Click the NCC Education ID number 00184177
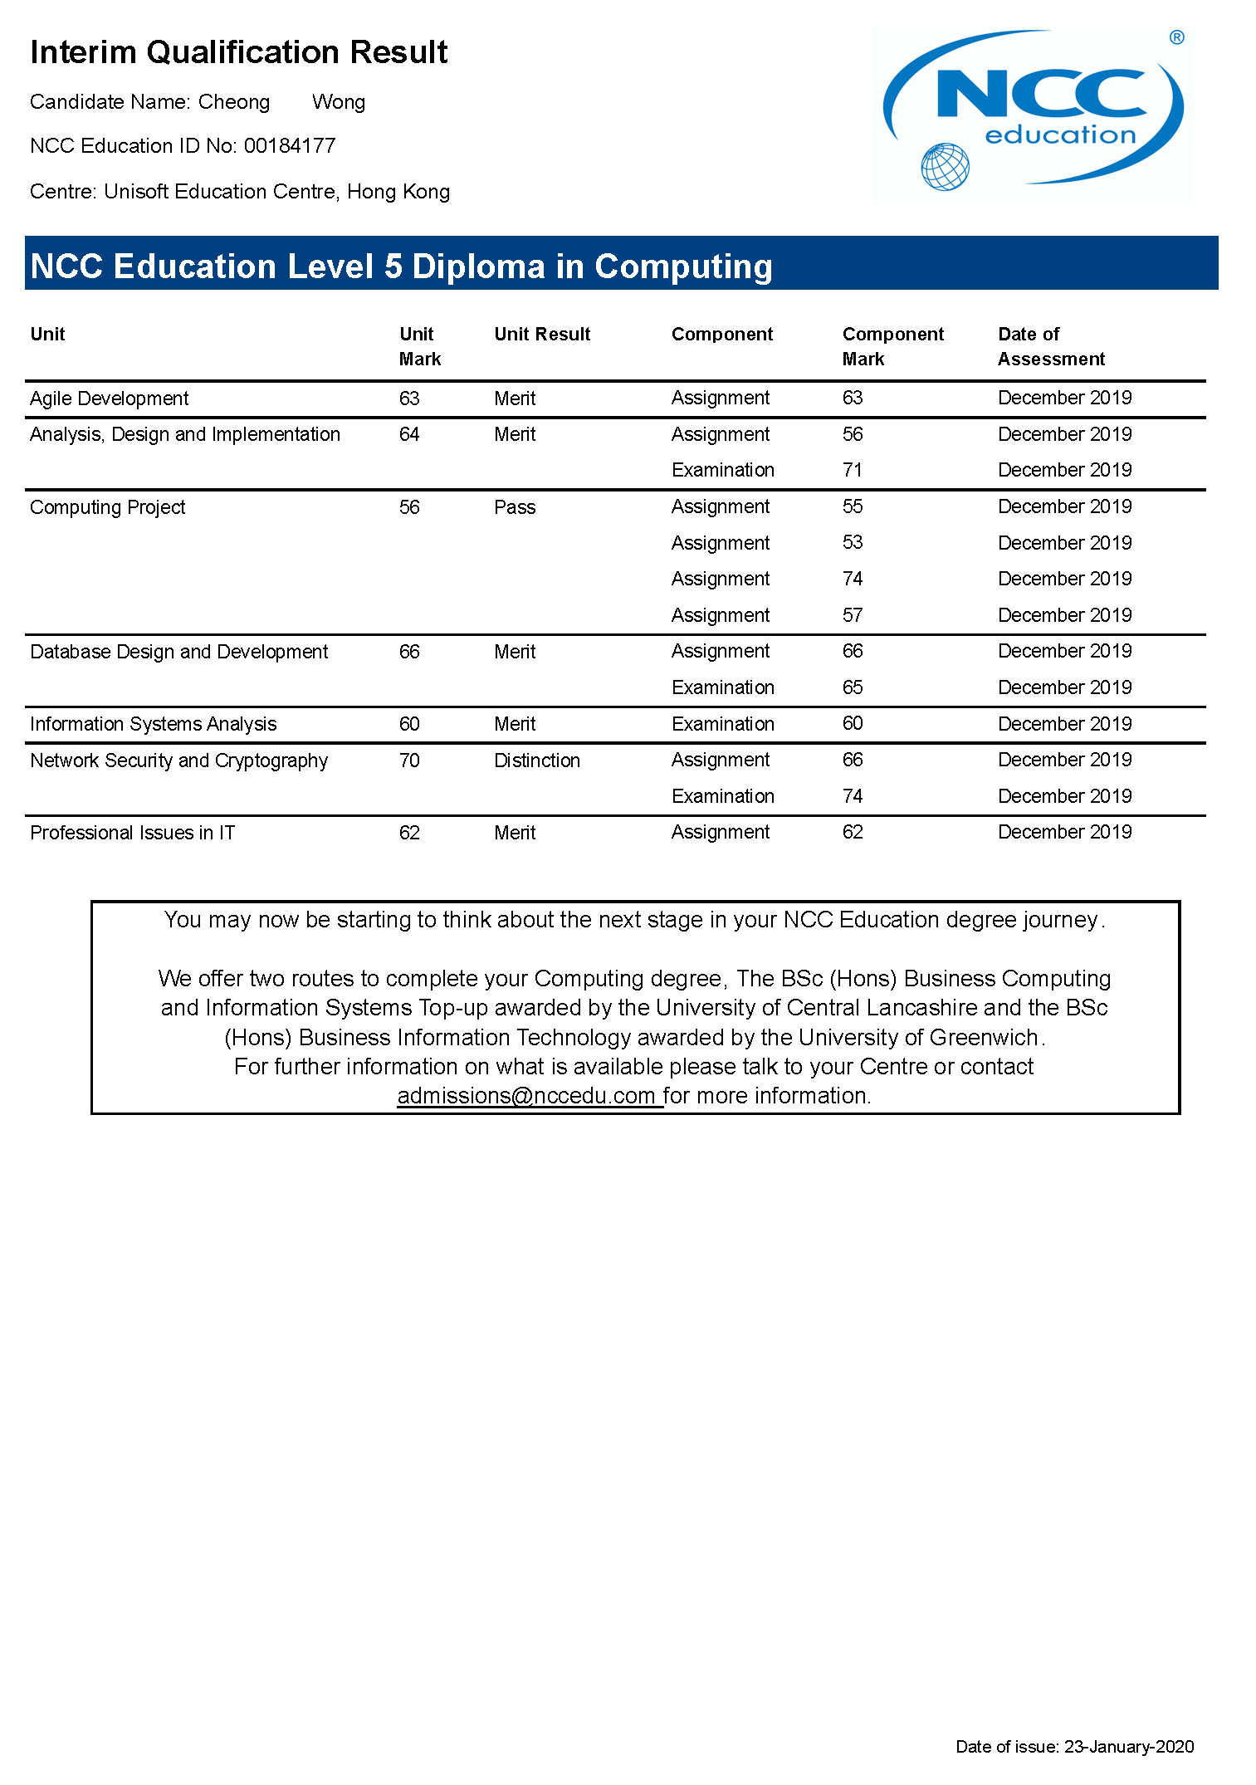point(290,146)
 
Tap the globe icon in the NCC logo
point(945,167)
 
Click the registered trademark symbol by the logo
point(1176,37)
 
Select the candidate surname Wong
point(339,102)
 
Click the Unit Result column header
point(542,334)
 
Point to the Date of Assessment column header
point(1050,346)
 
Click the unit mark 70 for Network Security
point(409,760)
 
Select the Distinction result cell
point(537,760)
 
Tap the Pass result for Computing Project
point(515,507)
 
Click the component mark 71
point(853,470)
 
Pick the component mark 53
point(853,543)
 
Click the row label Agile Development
point(110,399)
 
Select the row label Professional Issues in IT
point(133,833)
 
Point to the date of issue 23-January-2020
point(1128,1747)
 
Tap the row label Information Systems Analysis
point(154,724)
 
